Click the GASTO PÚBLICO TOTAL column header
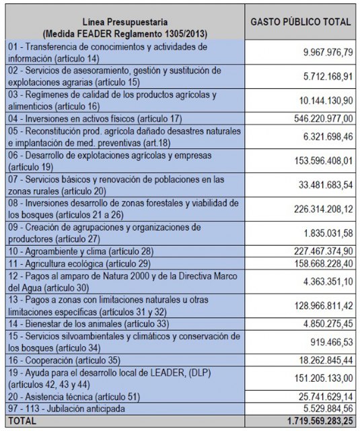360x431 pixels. [301, 22]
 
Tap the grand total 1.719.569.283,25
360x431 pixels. [310, 420]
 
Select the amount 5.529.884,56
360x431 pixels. [324, 408]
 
